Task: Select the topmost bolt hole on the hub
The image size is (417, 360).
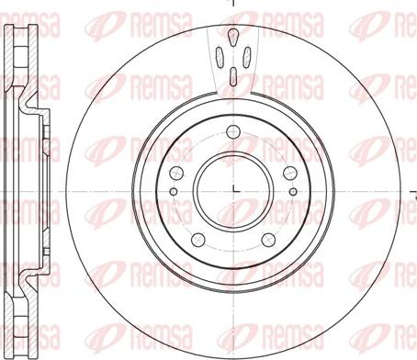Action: [x=233, y=132]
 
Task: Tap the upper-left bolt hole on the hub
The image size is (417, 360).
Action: [x=176, y=174]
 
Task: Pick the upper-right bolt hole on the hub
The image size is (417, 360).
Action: [x=290, y=174]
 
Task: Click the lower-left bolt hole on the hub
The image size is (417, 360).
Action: [x=198, y=240]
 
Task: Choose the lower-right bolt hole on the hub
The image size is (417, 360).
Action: [x=268, y=240]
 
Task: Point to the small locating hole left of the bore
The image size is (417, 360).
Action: [x=174, y=192]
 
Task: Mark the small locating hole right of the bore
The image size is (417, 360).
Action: [x=293, y=192]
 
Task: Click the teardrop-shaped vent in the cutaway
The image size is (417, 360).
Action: [x=233, y=37]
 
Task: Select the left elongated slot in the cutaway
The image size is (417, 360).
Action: [x=220, y=57]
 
